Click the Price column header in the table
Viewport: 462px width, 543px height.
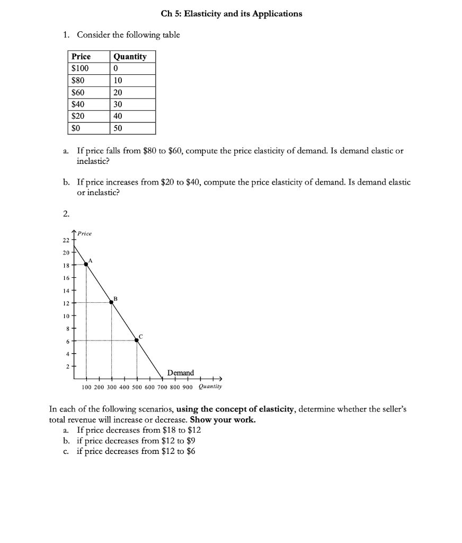(81, 57)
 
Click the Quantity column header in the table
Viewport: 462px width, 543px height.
(130, 57)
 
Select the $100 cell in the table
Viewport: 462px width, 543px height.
(81, 68)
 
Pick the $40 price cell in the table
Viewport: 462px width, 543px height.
(78, 104)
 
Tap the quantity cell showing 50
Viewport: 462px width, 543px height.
(118, 128)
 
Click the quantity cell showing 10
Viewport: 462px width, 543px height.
(118, 81)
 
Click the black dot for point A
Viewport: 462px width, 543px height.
(86, 264)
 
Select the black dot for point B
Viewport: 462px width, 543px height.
(111, 302)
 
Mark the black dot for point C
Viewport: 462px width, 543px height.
(137, 340)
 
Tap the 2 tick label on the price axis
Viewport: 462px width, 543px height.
(68, 366)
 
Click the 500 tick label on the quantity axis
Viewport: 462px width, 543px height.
(137, 387)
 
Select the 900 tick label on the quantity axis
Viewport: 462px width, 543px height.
(188, 387)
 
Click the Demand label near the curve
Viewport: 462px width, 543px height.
(181, 373)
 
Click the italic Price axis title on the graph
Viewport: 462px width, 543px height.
(84, 233)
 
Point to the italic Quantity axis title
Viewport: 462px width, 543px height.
(210, 387)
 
